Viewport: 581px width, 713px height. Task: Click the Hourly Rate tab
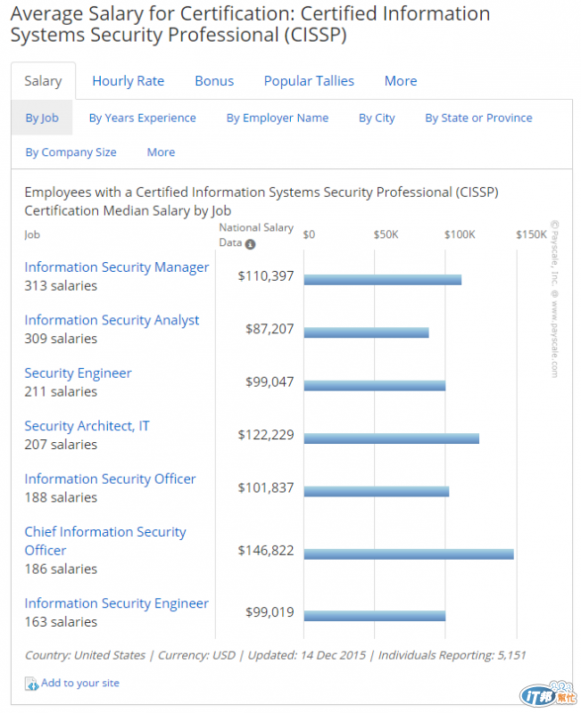click(128, 81)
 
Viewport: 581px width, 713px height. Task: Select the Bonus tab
click(214, 81)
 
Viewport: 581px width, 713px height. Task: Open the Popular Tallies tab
click(309, 81)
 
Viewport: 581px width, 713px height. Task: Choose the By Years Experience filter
click(142, 118)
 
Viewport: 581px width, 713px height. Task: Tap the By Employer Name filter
click(277, 118)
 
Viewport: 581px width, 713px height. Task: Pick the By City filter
click(377, 118)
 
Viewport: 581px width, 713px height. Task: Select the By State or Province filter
click(478, 118)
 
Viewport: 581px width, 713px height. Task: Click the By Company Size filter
click(71, 152)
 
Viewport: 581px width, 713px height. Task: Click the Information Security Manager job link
click(116, 267)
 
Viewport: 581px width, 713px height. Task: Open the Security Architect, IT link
click(87, 426)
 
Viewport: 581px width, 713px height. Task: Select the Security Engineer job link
click(78, 373)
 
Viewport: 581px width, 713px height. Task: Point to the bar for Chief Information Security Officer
click(409, 553)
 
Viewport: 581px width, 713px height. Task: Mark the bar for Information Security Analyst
click(366, 332)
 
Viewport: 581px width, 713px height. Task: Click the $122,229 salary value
click(265, 435)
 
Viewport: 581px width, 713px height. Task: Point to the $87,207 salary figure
click(269, 329)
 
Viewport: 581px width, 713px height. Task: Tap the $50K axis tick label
click(386, 234)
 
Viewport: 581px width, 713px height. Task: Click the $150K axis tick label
click(531, 234)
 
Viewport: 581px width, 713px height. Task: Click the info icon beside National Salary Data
click(251, 244)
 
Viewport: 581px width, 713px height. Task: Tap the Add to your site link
click(79, 683)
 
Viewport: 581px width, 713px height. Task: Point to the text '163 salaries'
click(61, 622)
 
